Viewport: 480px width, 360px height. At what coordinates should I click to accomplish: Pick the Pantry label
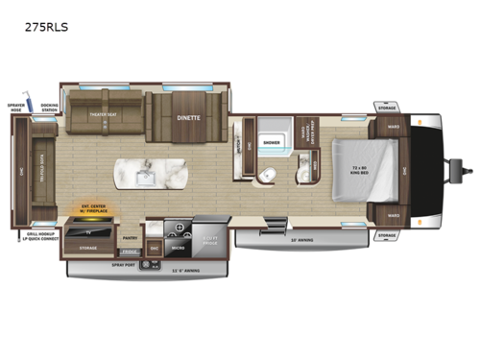pyautogui.click(x=130, y=237)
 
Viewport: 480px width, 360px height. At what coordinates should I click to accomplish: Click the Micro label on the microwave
pyautogui.click(x=178, y=246)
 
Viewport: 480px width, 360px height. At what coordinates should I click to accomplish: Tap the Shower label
pyautogui.click(x=271, y=141)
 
